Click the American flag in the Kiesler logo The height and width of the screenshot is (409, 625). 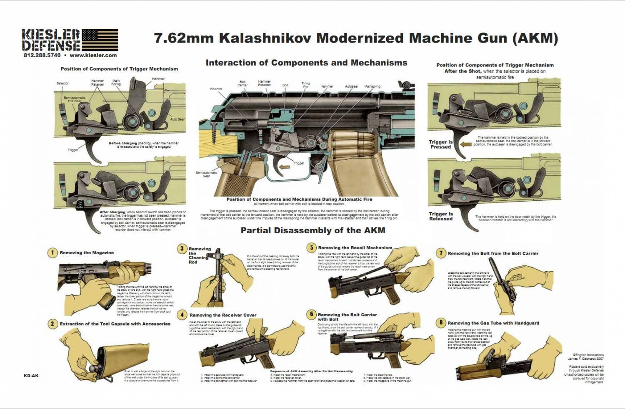pyautogui.click(x=100, y=40)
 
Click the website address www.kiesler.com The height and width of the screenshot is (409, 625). pyautogui.click(x=93, y=56)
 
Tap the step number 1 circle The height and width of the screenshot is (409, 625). pyautogui.click(x=52, y=253)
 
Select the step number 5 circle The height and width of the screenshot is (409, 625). pyautogui.click(x=311, y=248)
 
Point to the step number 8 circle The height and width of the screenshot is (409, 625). pyautogui.click(x=441, y=323)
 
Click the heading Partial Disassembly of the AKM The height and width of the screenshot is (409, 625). pyautogui.click(x=312, y=230)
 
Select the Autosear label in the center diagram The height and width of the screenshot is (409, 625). pyautogui.click(x=351, y=86)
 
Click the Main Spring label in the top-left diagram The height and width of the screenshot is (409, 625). pyautogui.click(x=116, y=82)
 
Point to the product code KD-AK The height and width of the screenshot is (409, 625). pyautogui.click(x=31, y=376)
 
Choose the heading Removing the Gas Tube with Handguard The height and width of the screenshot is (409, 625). pyautogui.click(x=493, y=323)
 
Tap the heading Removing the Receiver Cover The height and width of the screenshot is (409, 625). pyautogui.click(x=223, y=315)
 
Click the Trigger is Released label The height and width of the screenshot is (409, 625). pyautogui.click(x=440, y=216)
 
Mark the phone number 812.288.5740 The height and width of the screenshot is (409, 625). pyautogui.click(x=42, y=56)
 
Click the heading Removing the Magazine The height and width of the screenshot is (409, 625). pyautogui.click(x=87, y=253)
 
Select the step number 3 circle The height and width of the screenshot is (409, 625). pyautogui.click(x=182, y=249)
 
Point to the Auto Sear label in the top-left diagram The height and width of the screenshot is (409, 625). pyautogui.click(x=177, y=119)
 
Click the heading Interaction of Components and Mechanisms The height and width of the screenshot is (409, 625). pyautogui.click(x=306, y=63)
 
